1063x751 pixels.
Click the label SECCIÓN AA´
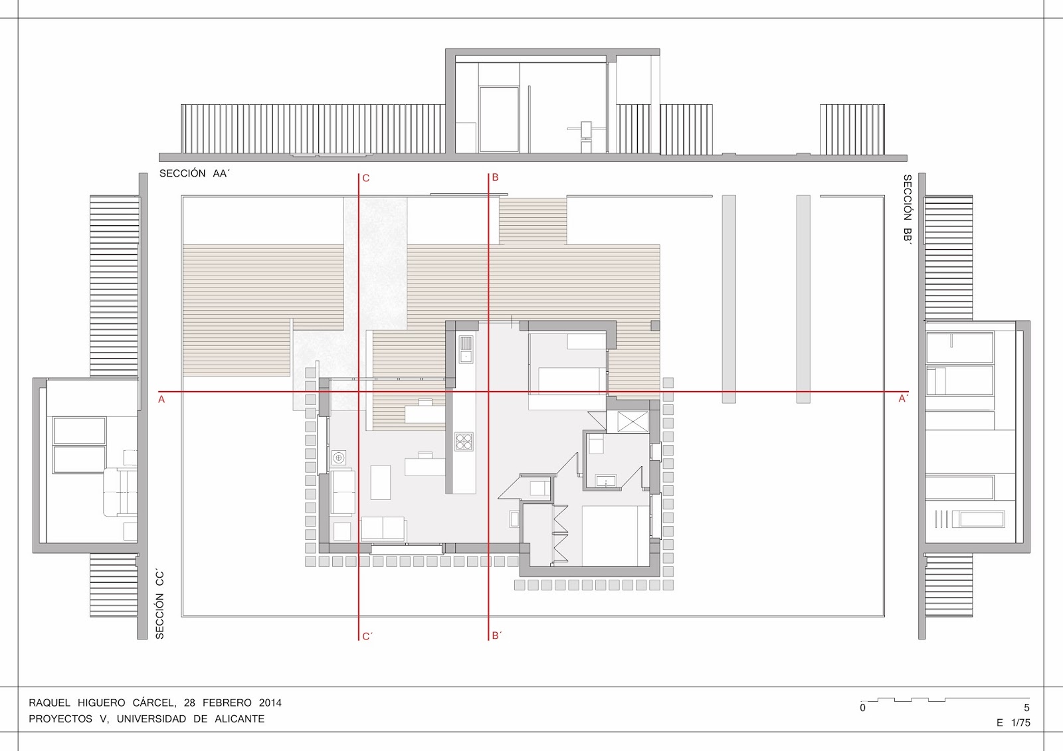click(194, 173)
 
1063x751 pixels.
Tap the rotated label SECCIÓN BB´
click(907, 209)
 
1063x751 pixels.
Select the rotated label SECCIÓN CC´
click(159, 605)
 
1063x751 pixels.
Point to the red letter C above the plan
click(366, 179)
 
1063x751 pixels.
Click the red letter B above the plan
click(495, 177)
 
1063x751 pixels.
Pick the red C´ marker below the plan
click(367, 637)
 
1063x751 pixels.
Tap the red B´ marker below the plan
click(497, 635)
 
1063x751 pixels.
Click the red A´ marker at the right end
click(903, 399)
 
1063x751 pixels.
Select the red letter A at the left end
click(161, 400)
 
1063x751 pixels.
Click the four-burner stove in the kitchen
click(464, 442)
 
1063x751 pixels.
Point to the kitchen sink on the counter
click(466, 349)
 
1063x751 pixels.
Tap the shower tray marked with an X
click(633, 422)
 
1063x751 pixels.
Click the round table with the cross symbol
click(338, 458)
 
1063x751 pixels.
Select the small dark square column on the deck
click(655, 325)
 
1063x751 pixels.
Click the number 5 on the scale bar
click(1026, 709)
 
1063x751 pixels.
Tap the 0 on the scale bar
click(862, 709)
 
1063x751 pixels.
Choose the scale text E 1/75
click(1013, 723)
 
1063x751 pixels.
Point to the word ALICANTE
click(239, 719)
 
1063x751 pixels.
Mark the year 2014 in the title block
click(270, 703)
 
